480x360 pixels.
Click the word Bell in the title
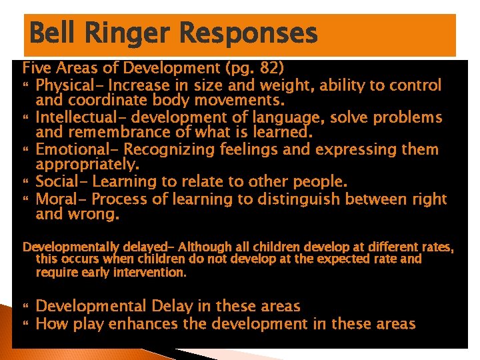point(55,33)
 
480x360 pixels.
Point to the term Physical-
point(69,85)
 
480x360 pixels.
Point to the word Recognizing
point(166,150)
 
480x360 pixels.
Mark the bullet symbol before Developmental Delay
point(27,307)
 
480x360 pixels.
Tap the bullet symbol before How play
point(27,325)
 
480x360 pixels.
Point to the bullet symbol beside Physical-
point(27,85)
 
